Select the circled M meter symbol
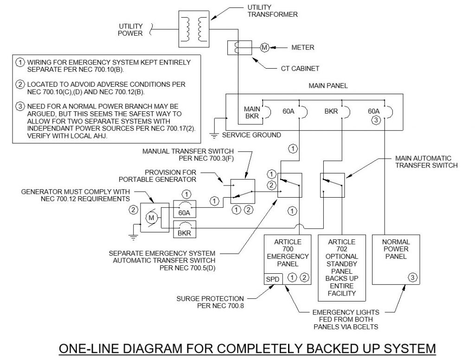264,47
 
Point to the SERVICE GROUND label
251,135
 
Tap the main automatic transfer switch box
332,185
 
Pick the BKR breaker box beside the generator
184,229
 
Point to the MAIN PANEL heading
328,86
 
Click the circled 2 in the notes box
20,84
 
